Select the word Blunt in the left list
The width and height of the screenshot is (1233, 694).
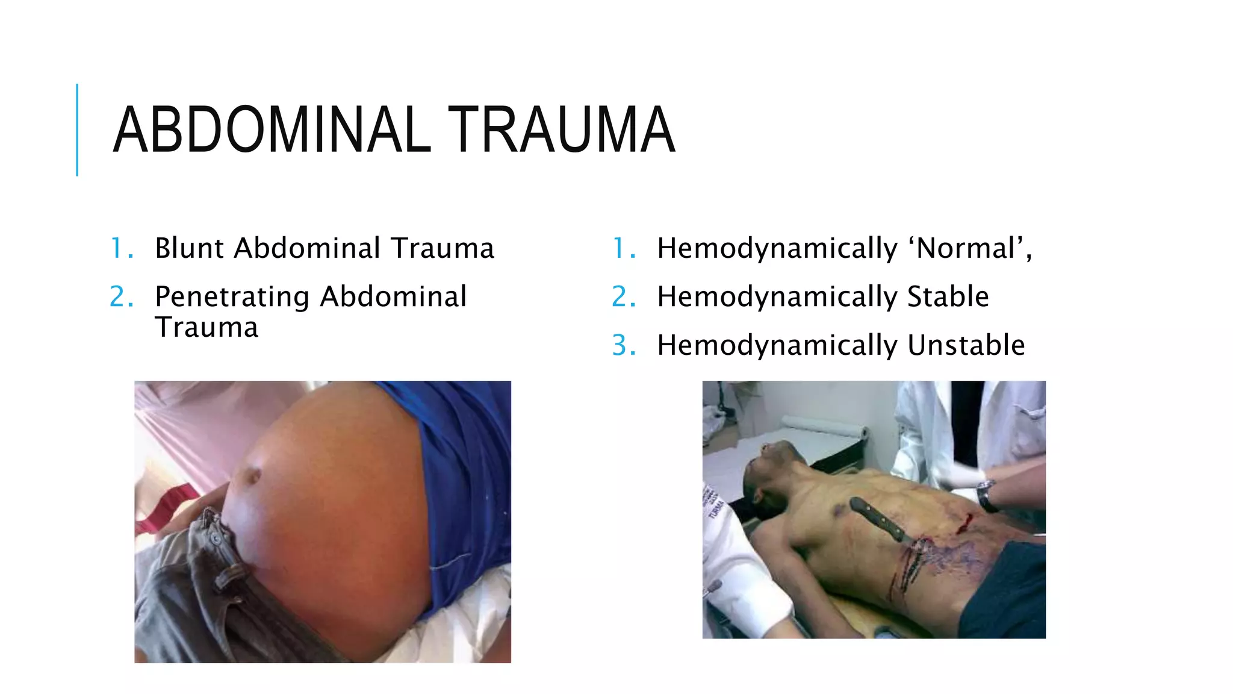(x=190, y=248)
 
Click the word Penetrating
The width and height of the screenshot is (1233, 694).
(x=232, y=296)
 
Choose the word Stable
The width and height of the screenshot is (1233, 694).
(x=948, y=296)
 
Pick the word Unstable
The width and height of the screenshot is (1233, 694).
(x=966, y=345)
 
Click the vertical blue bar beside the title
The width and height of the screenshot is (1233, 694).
(x=77, y=130)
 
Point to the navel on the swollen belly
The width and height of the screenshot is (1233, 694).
(x=252, y=475)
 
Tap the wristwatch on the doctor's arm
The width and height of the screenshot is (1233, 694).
(x=985, y=495)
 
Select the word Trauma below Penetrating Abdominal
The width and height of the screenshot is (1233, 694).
(x=207, y=327)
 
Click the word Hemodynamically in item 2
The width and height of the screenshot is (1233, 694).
(x=777, y=296)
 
